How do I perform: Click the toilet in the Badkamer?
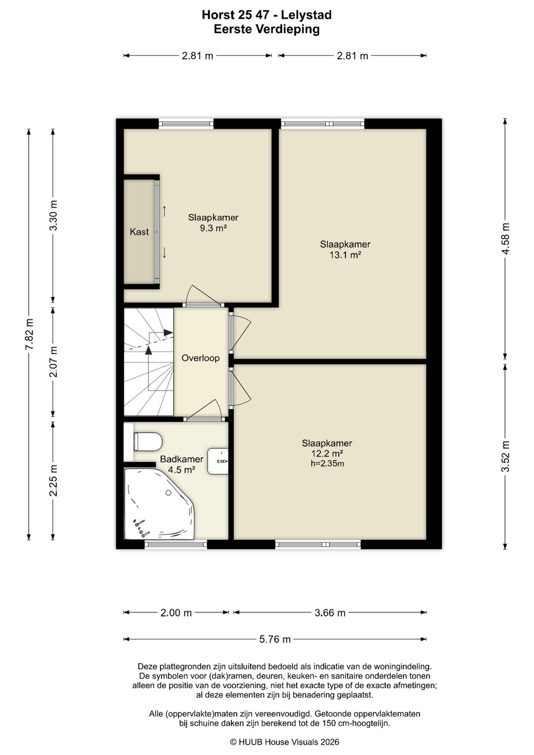click(x=148, y=442)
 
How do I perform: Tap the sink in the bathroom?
click(x=218, y=461)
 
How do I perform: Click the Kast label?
click(x=139, y=232)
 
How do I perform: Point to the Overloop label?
click(x=200, y=358)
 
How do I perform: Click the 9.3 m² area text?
click(x=213, y=228)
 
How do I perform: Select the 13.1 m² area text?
click(x=345, y=255)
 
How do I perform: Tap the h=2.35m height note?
click(x=327, y=463)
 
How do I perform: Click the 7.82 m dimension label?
click(x=29, y=334)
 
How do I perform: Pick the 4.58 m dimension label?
click(x=505, y=239)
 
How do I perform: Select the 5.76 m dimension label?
click(x=275, y=639)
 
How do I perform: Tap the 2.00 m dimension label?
click(x=176, y=613)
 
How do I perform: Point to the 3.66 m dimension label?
click(x=330, y=613)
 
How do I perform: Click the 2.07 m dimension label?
click(x=53, y=361)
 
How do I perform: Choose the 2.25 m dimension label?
click(x=53, y=480)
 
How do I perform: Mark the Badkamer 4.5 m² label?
click(x=182, y=464)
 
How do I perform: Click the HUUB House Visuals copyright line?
click(x=284, y=742)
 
